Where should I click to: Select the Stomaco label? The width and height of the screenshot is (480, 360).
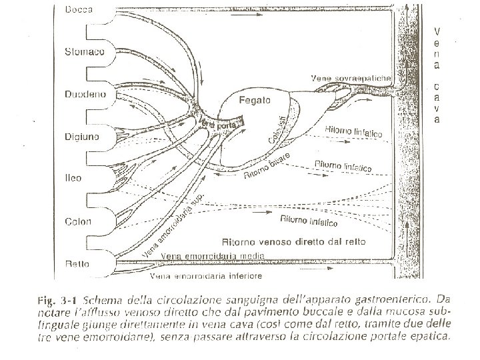tap(84, 53)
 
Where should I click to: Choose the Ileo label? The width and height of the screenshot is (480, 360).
tap(73, 179)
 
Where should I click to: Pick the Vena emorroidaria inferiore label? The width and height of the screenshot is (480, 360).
tap(205, 275)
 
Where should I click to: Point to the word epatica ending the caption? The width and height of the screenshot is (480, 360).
tap(429, 337)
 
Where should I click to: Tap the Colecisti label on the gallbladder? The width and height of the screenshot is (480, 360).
tap(280, 129)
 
